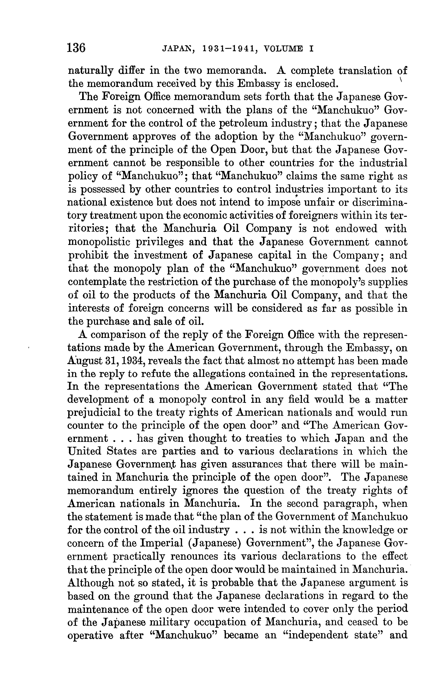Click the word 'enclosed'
(316, 84)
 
